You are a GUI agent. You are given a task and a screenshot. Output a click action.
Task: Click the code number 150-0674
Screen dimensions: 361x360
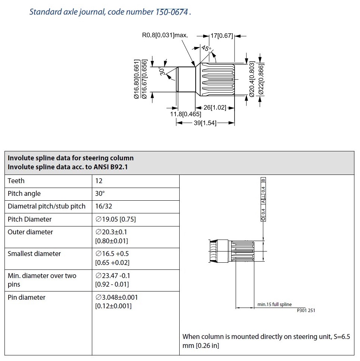coord(172,12)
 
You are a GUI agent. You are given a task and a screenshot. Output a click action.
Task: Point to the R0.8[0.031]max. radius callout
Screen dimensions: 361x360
coord(165,36)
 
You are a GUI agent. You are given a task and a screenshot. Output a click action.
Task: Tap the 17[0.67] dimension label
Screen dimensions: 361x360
coord(222,36)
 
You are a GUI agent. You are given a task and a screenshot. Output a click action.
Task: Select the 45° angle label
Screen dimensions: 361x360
coord(206,49)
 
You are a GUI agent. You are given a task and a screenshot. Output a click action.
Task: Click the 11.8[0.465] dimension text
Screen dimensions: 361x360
coord(186,114)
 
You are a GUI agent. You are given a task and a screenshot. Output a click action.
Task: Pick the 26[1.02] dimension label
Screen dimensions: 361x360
coord(215,108)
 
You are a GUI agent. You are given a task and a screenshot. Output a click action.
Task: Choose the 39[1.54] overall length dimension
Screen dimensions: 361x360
coord(205,123)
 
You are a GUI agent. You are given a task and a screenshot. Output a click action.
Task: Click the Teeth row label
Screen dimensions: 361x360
coord(16,181)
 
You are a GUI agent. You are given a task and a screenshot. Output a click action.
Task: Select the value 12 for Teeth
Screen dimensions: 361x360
coord(99,181)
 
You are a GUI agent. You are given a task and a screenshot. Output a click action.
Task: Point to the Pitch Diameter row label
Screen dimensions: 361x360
coord(30,219)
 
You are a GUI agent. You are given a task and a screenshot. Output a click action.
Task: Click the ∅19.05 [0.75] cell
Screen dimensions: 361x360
coord(115,219)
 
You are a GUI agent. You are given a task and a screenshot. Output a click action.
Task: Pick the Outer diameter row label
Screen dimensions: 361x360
coord(30,232)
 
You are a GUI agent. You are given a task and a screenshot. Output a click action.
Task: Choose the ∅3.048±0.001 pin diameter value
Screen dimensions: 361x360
coord(117,297)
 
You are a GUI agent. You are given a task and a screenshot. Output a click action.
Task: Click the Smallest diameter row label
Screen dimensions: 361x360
coord(34,254)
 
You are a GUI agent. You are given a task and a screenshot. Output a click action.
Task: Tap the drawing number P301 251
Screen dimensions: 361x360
coord(306,310)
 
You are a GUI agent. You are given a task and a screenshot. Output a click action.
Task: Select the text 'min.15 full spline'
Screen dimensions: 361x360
coord(274,305)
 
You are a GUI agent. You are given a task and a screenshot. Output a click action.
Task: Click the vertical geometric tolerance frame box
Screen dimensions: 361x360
coord(264,200)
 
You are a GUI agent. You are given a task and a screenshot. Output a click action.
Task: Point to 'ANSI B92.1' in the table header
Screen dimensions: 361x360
coord(111,167)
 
